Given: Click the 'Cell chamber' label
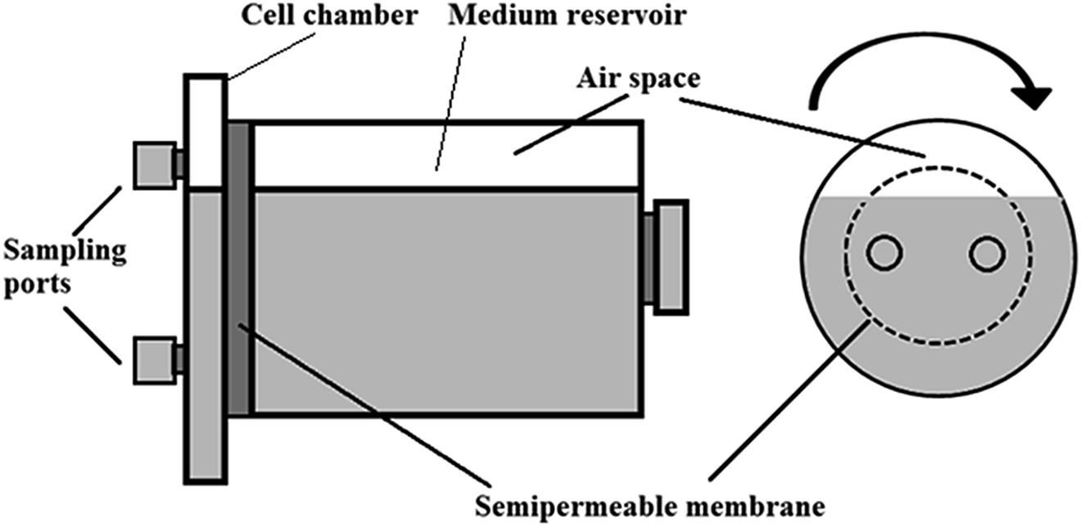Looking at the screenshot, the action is [329, 16].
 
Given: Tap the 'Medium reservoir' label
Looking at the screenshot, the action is [567, 16].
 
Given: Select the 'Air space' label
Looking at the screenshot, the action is [638, 79].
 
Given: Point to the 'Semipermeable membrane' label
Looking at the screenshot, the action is [650, 507].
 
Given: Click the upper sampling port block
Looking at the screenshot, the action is [155, 165].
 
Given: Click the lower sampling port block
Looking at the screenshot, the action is [155, 360].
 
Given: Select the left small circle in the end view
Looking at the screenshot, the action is [884, 253].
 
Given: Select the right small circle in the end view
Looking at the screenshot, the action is [988, 253].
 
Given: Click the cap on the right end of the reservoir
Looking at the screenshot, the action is [672, 257].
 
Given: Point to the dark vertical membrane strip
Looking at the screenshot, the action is [239, 268].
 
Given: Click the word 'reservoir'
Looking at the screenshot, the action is [626, 16].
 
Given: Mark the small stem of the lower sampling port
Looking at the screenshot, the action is [179, 360].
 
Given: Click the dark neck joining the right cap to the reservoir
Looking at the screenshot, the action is [649, 257].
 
